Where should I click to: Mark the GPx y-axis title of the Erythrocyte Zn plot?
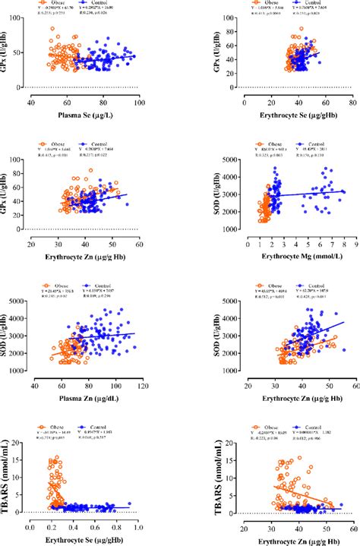tap(7, 195)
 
